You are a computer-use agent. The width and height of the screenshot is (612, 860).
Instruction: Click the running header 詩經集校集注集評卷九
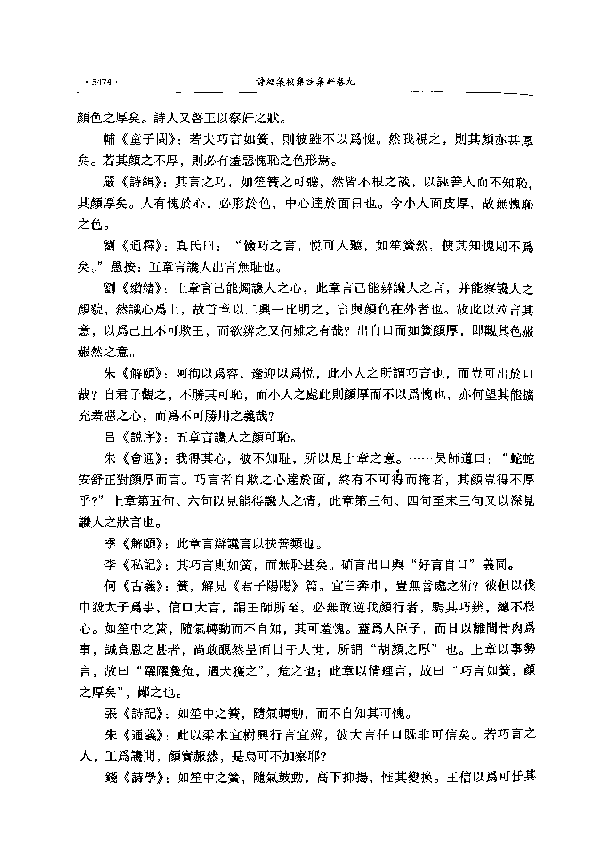pos(305,82)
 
